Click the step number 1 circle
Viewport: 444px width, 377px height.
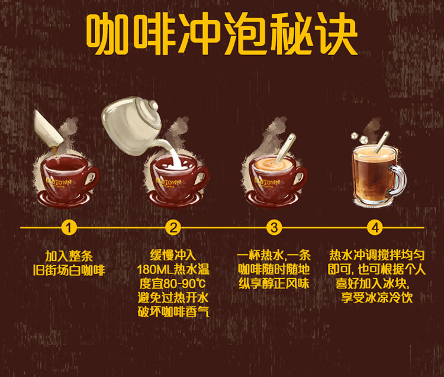point(69,227)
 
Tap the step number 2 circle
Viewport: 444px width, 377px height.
point(173,227)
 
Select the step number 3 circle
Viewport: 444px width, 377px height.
point(274,227)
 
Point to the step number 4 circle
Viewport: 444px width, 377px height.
point(375,227)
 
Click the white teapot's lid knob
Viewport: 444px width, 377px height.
point(153,105)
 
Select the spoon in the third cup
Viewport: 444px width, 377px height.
point(285,149)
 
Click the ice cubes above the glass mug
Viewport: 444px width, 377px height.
point(359,137)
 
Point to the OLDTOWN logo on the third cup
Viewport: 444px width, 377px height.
point(267,182)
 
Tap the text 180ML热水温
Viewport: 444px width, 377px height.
point(173,269)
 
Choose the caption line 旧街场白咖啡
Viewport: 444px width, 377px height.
point(69,270)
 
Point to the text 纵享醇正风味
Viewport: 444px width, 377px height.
point(274,283)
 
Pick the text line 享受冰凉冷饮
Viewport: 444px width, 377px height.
point(377,298)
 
